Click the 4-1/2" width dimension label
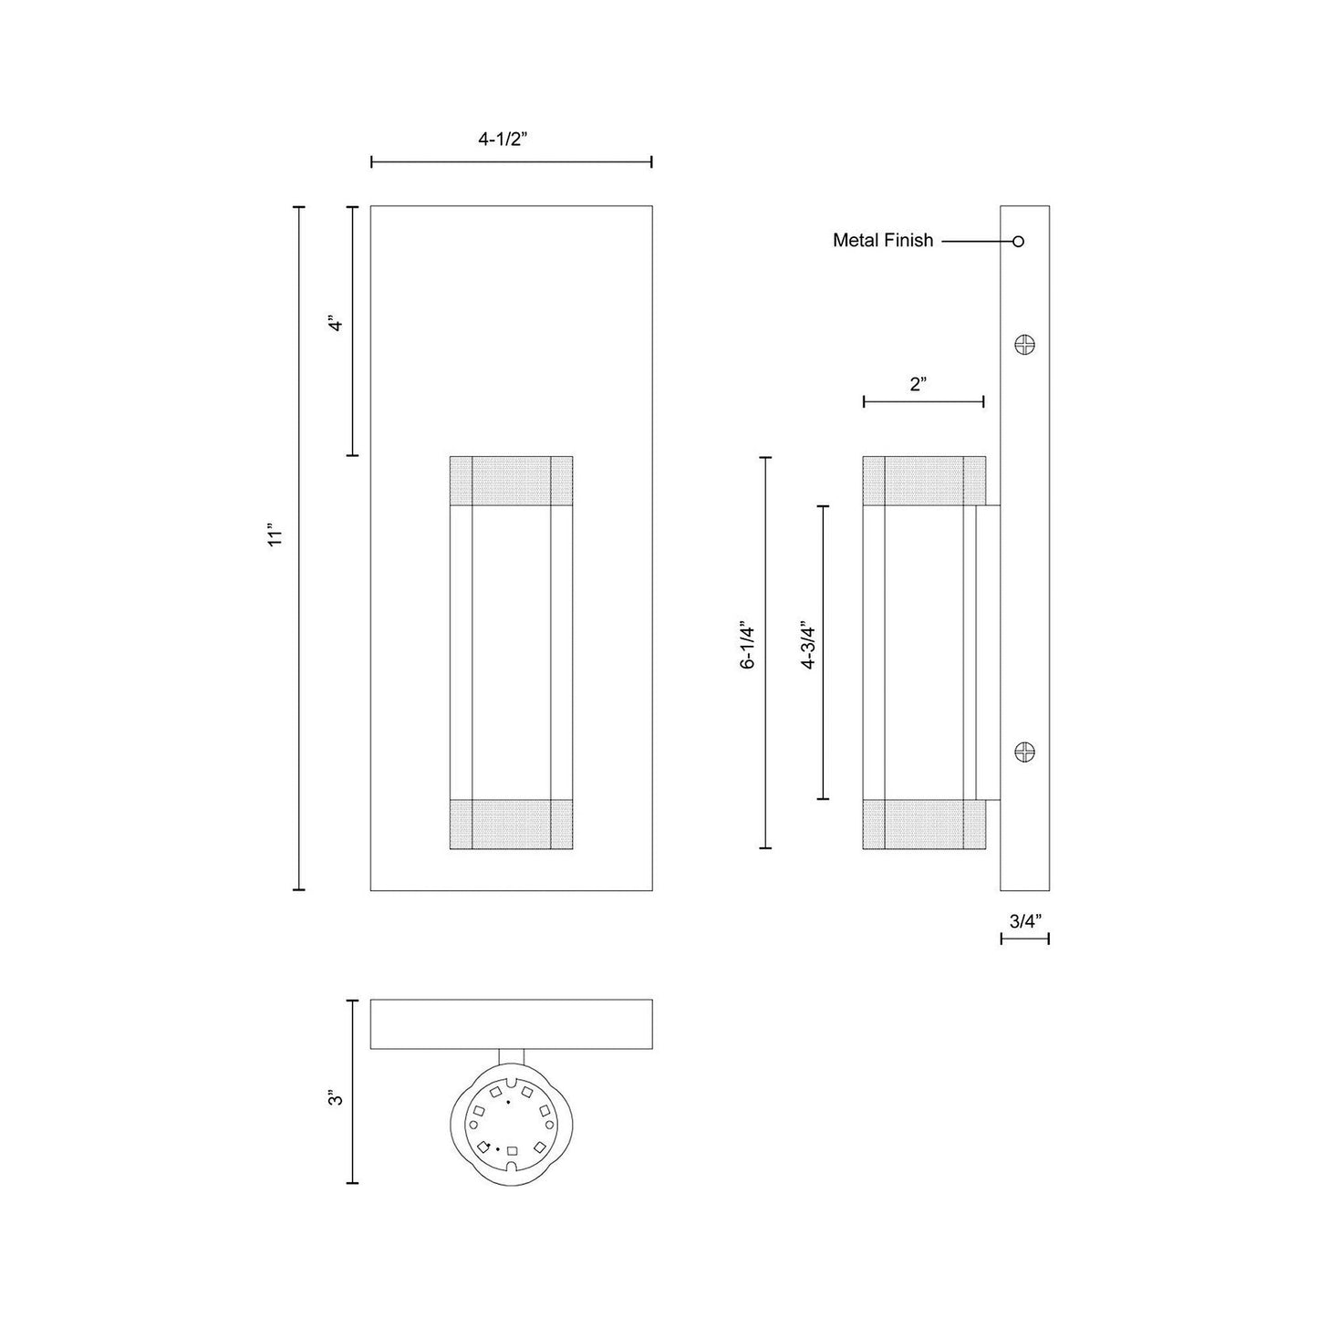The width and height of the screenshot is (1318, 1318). point(503,140)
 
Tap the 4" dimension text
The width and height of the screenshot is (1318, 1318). point(336,324)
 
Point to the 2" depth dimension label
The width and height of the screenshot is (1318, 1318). point(918,384)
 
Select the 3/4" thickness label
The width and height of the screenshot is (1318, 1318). point(1024,920)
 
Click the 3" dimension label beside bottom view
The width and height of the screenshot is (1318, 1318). point(336,1099)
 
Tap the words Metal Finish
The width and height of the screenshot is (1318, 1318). point(883,241)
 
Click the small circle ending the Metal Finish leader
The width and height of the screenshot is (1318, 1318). point(1019,242)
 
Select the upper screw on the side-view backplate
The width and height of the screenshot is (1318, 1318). point(1025,345)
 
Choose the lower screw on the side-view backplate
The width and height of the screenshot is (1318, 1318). point(1025,752)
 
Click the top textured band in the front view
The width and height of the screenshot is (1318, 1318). point(511,480)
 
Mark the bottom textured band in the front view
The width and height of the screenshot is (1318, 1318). point(511,825)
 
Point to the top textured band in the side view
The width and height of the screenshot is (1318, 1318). point(923,480)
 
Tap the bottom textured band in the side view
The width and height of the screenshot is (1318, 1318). point(923,825)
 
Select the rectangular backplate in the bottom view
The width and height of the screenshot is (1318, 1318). point(511,1024)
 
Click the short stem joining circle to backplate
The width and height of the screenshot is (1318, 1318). point(512,1058)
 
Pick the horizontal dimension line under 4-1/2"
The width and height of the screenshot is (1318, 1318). point(511,162)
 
